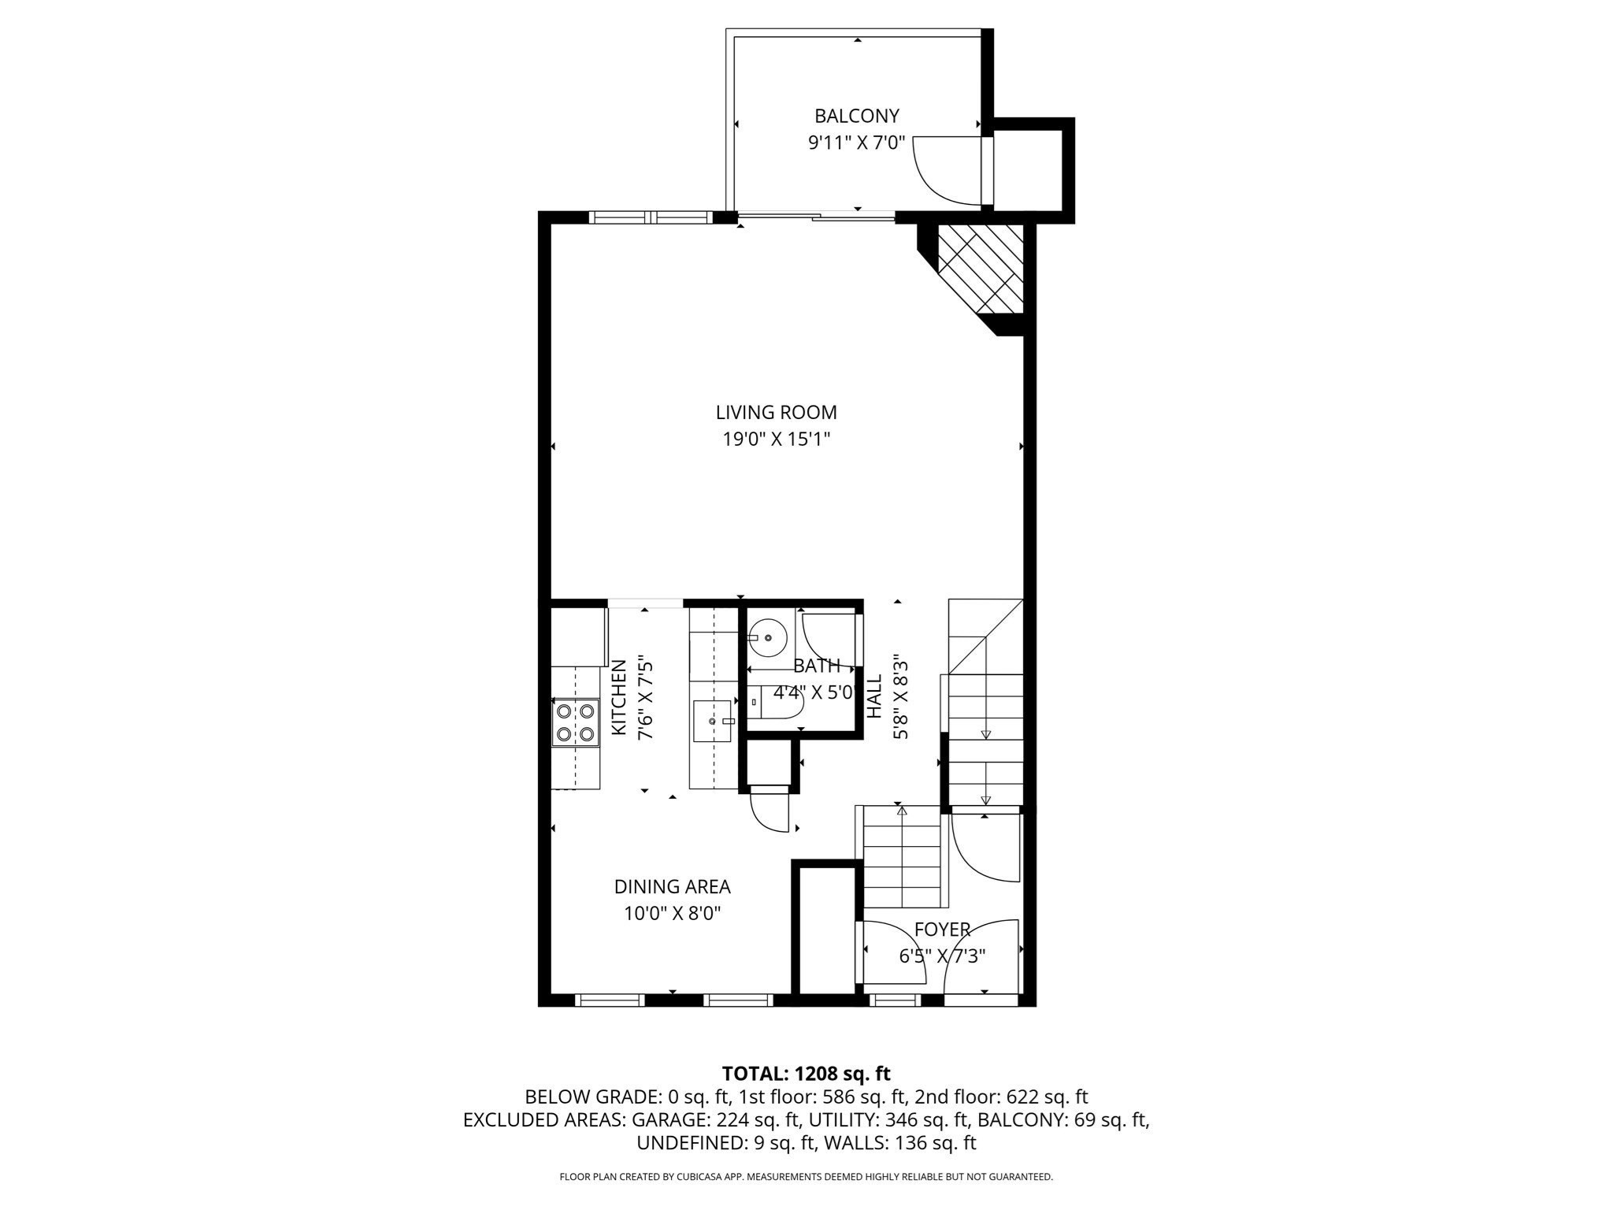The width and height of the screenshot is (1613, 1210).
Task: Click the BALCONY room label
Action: point(856,116)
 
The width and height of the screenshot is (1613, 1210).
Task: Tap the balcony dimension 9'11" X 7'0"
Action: point(856,143)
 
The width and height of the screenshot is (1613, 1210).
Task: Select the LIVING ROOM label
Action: point(776,412)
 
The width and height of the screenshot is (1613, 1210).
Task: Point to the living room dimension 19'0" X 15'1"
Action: point(777,439)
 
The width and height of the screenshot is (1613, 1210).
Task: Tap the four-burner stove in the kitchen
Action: point(575,722)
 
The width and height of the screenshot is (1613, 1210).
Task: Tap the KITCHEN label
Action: point(620,698)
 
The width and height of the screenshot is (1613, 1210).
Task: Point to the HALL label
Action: point(874,696)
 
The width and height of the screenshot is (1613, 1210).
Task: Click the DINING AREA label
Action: point(672,887)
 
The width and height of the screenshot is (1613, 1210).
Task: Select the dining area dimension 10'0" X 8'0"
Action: point(672,914)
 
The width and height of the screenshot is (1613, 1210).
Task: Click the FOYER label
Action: point(942,930)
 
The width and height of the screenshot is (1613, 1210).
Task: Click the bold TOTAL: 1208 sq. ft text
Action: point(806,1074)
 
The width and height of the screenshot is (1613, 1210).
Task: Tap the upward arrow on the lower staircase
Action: point(902,811)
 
